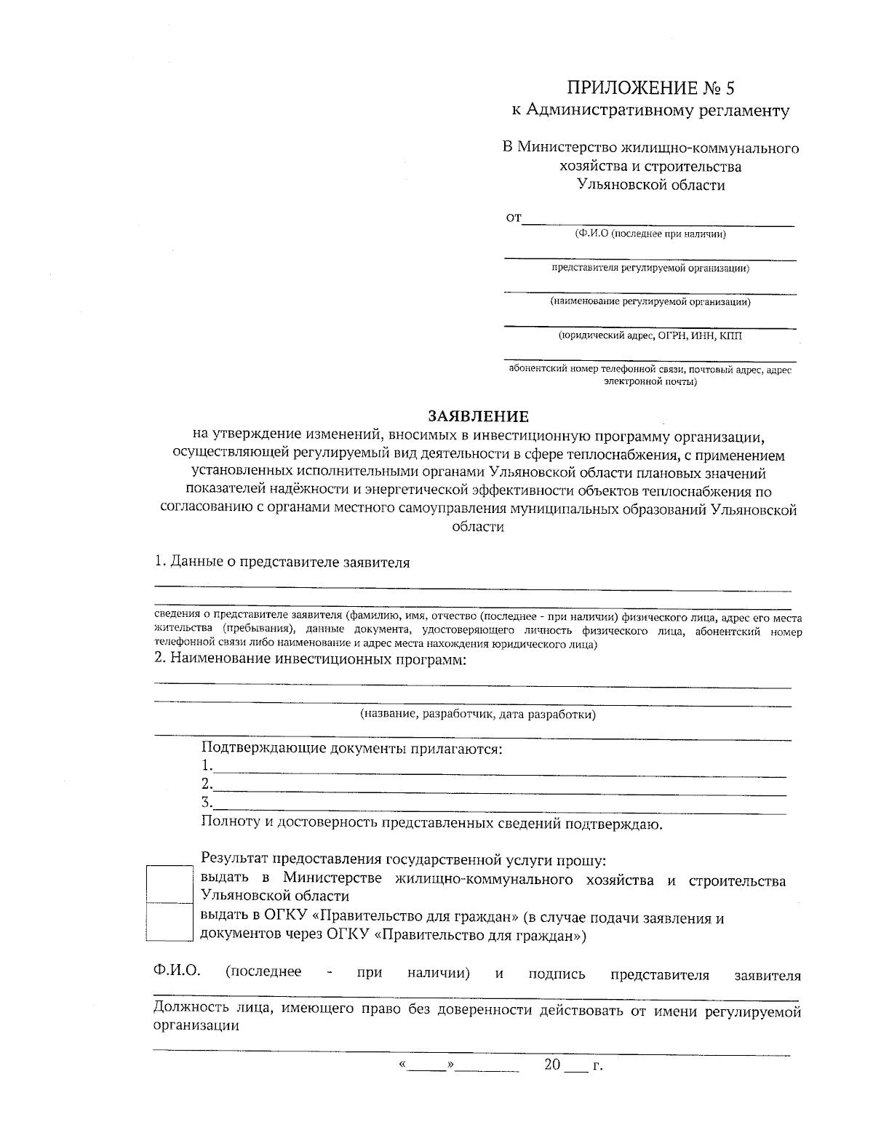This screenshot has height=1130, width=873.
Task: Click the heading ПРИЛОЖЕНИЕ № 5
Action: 651,88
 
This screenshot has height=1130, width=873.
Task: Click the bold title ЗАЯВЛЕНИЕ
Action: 478,417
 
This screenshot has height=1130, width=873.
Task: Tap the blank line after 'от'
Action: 658,220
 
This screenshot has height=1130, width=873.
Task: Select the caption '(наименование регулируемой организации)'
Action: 650,301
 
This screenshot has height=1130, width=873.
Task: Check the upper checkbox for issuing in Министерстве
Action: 170,883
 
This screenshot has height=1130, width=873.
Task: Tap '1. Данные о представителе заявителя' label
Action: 282,562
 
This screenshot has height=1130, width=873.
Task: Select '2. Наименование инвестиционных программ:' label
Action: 310,660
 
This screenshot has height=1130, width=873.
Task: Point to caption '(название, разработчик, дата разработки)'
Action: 478,715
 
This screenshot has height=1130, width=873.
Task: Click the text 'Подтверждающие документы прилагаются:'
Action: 352,748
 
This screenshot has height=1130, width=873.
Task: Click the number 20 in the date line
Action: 552,1065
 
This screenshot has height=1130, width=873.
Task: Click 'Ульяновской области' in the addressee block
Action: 651,185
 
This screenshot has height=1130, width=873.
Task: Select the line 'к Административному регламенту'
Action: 650,111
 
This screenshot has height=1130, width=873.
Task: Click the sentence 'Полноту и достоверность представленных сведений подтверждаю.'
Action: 431,824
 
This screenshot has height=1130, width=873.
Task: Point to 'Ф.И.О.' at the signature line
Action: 177,974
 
